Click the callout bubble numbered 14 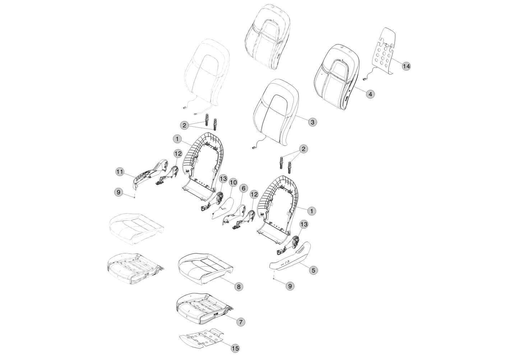click(406, 66)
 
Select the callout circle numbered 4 click(370, 94)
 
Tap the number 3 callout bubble click(313, 122)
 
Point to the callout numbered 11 click(120, 172)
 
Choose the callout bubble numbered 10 click(233, 183)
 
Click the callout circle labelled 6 click(244, 188)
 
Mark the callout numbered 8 click(238, 287)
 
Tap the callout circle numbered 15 click(235, 348)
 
